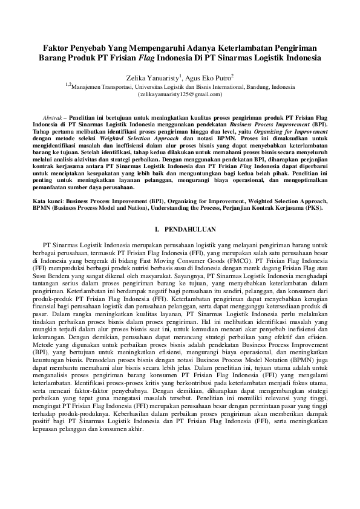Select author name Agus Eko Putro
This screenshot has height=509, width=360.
[209, 78]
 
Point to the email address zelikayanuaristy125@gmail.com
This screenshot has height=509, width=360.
[180, 95]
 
